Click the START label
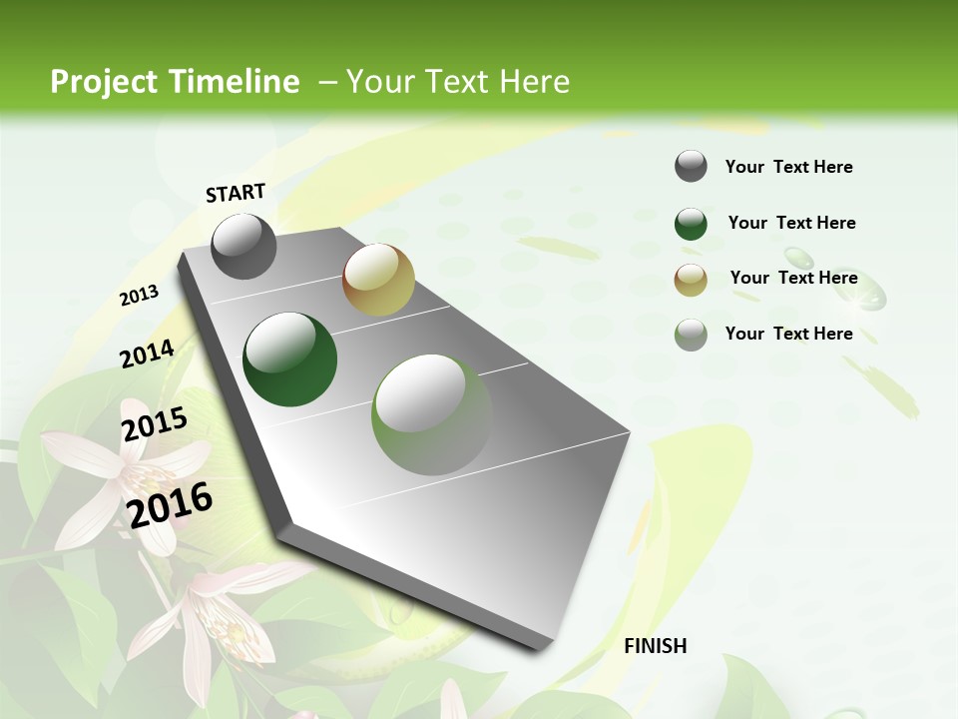236,193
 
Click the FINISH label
656,646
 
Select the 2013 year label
140,296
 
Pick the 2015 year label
155,424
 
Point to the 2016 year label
170,504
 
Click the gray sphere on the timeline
243,247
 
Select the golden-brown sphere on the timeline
378,280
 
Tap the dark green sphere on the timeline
290,359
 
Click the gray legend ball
691,166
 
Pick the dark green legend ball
691,224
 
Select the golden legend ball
691,280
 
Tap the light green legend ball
691,335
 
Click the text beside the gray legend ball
788,167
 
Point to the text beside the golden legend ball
793,278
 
